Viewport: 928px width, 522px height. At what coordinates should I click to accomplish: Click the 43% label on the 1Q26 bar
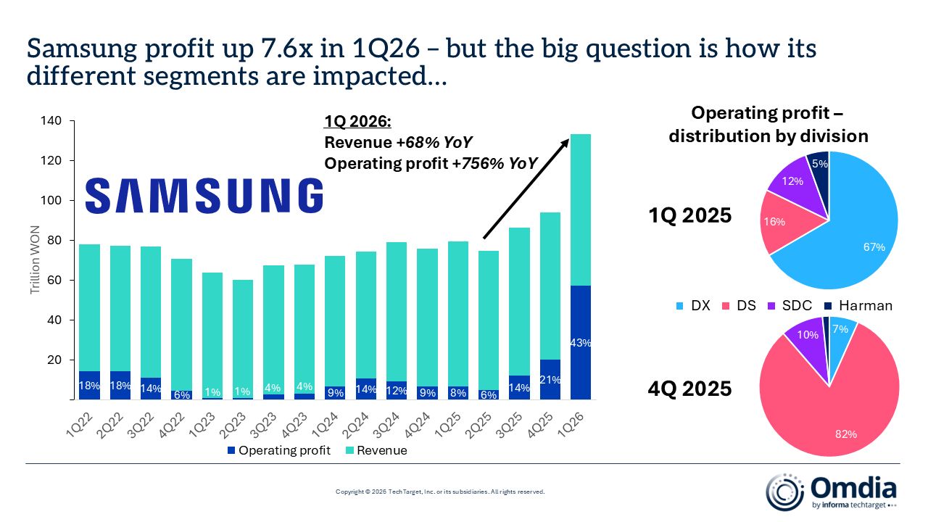pos(581,343)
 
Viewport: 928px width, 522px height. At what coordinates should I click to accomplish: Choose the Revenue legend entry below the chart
pos(376,451)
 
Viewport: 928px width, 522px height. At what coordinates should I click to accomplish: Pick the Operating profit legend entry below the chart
pos(279,451)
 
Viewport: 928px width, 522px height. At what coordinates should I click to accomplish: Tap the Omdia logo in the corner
pos(832,491)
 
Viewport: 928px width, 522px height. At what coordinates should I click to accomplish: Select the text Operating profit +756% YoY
pos(431,164)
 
